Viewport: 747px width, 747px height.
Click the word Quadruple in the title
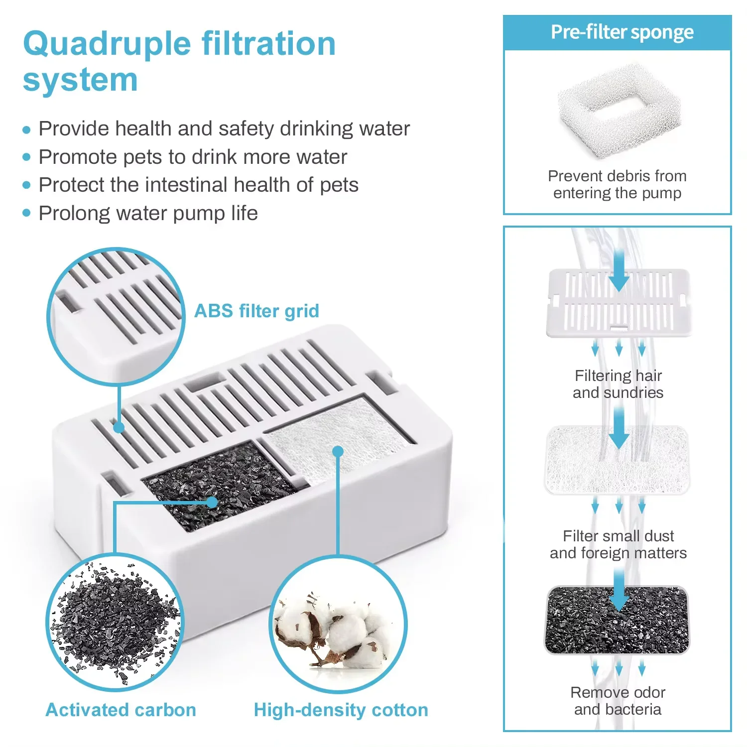point(107,44)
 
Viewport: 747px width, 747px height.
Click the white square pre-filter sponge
point(619,111)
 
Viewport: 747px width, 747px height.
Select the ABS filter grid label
point(256,311)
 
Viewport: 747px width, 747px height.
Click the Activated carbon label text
point(121,710)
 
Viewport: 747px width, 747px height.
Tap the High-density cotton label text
point(341,710)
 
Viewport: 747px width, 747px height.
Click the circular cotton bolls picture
point(338,625)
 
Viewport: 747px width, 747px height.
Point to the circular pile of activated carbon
point(116,622)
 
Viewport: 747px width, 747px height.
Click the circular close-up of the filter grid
point(116,316)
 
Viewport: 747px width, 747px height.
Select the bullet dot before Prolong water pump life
point(27,213)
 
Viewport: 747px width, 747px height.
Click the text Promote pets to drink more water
point(193,157)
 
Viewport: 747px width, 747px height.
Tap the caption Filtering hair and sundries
point(618,384)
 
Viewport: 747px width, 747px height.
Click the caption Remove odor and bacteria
point(618,701)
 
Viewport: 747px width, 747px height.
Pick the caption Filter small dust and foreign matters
point(618,544)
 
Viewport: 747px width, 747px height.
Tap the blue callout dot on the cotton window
point(338,452)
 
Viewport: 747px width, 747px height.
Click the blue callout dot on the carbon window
point(212,502)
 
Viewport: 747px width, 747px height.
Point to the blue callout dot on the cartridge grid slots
point(119,427)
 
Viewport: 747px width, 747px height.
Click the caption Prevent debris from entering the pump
point(617,184)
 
